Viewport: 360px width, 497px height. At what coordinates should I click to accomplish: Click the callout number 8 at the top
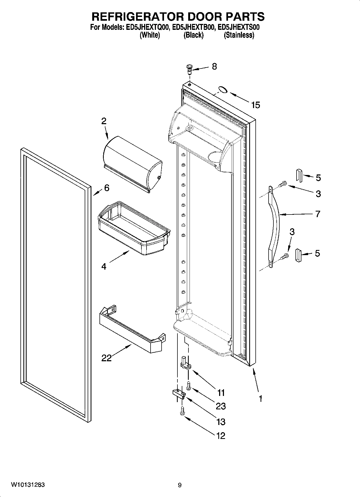214,66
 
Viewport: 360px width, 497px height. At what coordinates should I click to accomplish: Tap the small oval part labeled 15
223,90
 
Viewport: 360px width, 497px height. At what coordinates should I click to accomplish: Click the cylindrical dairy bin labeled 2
132,163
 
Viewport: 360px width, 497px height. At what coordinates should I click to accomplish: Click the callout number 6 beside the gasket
107,188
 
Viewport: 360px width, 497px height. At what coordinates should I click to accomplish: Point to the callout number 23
221,406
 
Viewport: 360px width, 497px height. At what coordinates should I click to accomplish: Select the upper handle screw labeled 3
282,184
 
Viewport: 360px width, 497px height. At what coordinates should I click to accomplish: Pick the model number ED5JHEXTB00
194,27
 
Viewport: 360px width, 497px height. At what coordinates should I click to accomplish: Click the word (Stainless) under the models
239,35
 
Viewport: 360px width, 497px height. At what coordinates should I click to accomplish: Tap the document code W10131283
28,485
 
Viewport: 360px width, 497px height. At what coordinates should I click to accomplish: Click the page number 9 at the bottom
180,485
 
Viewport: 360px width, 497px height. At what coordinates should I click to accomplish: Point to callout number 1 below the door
260,398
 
